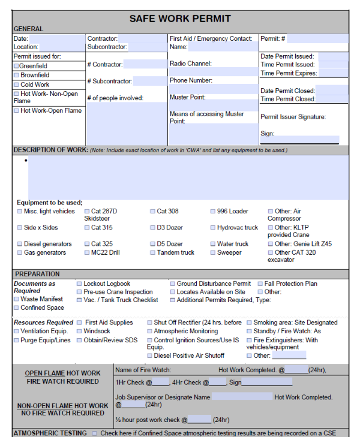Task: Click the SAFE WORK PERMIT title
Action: point(180,19)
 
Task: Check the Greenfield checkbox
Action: point(17,66)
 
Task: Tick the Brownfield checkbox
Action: point(17,76)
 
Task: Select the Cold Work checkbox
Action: point(17,85)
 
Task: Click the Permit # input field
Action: point(317,38)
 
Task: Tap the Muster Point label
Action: point(187,97)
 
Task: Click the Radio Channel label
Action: point(190,64)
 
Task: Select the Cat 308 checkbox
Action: point(153,212)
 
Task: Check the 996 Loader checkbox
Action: point(213,212)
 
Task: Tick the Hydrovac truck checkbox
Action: point(213,228)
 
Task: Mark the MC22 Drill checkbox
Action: point(87,253)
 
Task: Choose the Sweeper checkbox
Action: point(213,253)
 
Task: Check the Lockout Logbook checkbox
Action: point(79,284)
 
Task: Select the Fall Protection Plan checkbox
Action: point(260,284)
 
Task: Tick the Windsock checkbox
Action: point(79,331)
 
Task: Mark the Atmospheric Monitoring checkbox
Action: point(149,331)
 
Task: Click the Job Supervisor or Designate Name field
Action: point(242,397)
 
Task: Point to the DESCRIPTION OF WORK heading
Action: point(50,150)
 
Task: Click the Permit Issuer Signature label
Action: point(293,117)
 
